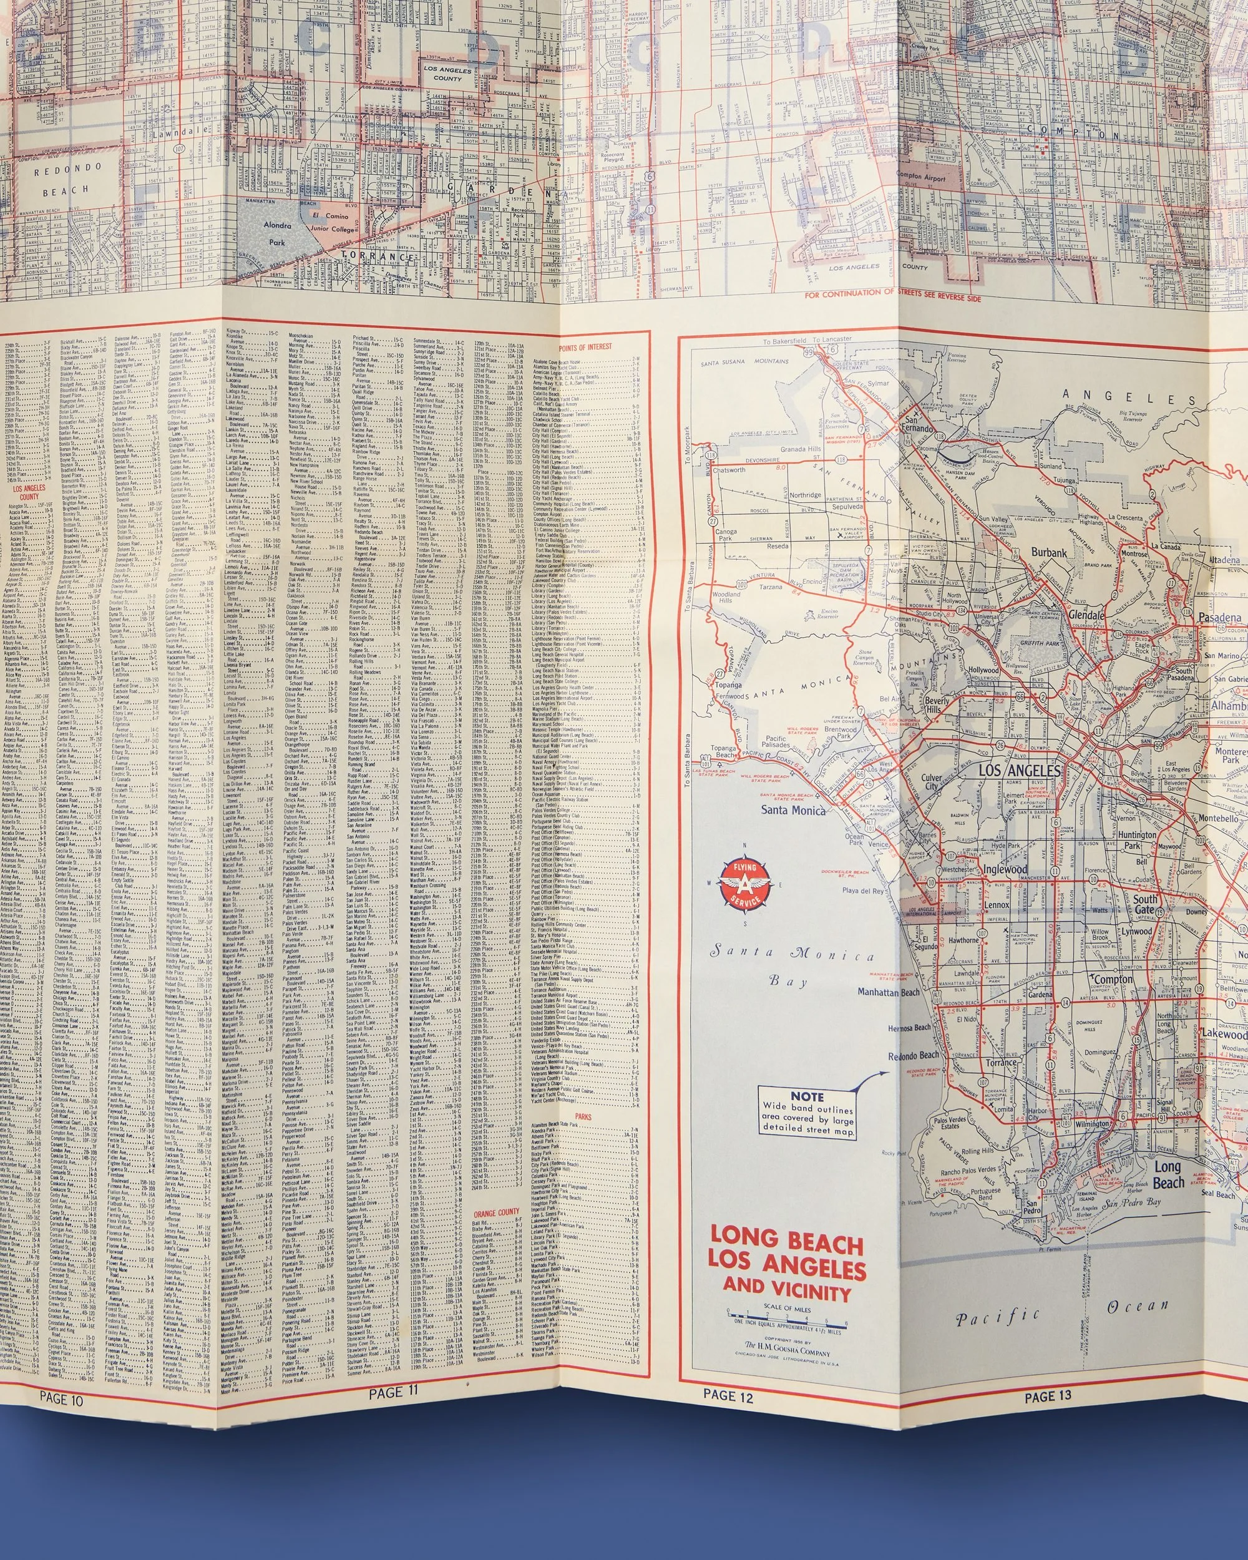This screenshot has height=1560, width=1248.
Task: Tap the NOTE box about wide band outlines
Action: (807, 1113)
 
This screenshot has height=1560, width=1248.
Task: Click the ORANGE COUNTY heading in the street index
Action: (496, 1212)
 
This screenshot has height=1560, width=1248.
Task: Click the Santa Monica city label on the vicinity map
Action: (792, 811)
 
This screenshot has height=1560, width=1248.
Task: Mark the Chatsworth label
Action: (729, 470)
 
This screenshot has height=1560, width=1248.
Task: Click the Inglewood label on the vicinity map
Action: (1005, 869)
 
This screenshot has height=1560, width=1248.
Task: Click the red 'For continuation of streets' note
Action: (893, 296)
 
